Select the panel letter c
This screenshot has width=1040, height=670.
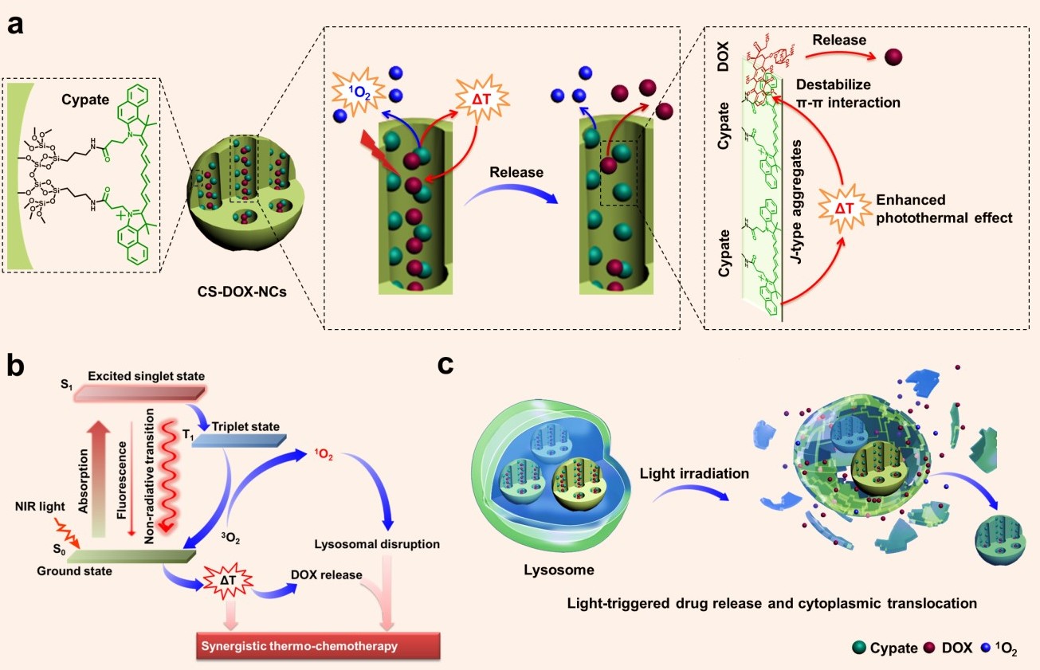tap(447, 365)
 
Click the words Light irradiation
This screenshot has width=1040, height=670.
tap(693, 473)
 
